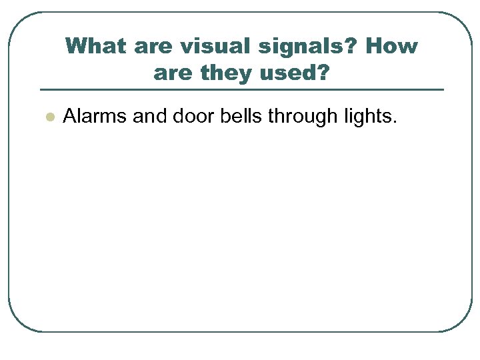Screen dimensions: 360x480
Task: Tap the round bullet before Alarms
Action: coord(48,117)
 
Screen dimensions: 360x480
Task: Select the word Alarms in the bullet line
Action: coord(95,117)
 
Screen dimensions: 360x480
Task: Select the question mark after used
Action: coord(324,73)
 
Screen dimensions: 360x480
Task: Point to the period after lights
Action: coord(395,123)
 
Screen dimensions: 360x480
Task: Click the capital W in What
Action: coord(76,47)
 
